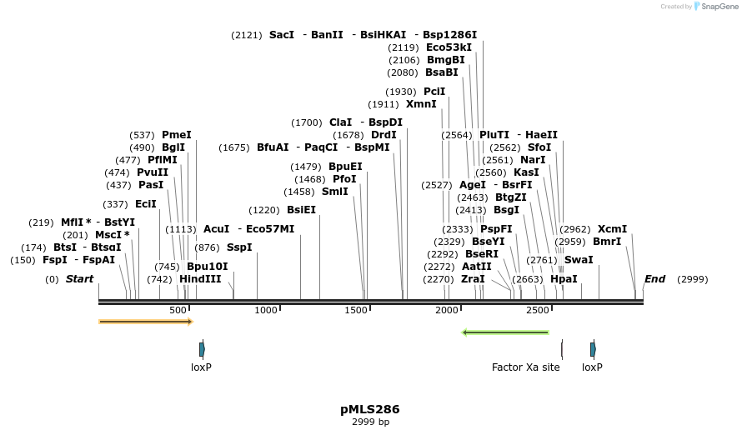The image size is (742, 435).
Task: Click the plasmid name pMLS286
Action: pos(369,409)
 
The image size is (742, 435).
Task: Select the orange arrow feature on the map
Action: pos(145,322)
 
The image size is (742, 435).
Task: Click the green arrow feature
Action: pos(506,332)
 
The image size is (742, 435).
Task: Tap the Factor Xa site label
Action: pos(525,367)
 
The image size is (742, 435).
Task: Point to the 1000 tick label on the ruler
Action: pos(266,310)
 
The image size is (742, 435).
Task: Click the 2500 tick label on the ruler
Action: pos(538,310)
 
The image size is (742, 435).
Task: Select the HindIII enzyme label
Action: pos(200,279)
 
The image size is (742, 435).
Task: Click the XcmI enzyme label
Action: pos(612,229)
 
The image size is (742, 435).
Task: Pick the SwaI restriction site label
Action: pos(579,260)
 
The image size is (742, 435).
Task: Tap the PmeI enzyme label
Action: pos(177,135)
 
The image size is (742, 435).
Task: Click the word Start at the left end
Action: pos(79,279)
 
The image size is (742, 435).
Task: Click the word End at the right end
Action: pos(654,279)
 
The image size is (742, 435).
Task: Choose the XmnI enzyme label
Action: pos(421,104)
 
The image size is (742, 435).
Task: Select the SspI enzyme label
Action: pos(239,247)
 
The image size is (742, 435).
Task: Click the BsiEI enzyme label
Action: pos(301,210)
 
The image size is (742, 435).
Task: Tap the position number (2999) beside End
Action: pos(692,279)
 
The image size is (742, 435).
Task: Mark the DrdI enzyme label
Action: pos(384,135)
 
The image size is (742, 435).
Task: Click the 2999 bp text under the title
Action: pos(369,422)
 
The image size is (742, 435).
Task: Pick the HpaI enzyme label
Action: pos(564,279)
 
